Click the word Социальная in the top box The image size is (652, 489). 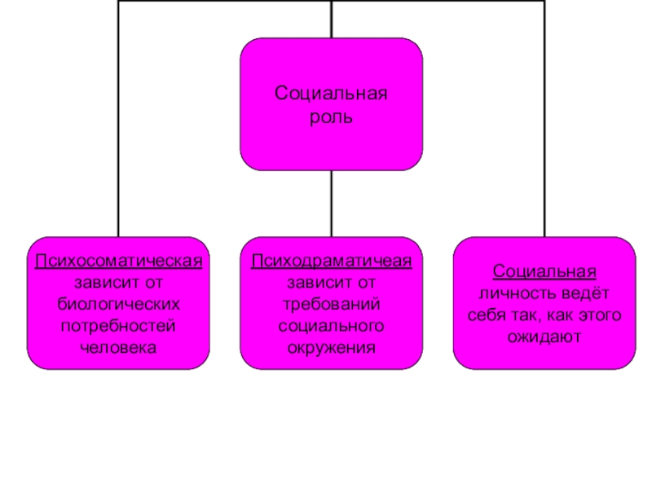pos(331,95)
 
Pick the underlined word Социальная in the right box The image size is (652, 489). pos(544,271)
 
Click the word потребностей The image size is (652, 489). pos(118,326)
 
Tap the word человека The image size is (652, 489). pos(118,347)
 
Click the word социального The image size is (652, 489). pos(331,326)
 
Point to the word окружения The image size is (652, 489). pos(331,347)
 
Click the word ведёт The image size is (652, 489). pos(587,292)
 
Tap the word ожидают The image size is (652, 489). pos(544,335)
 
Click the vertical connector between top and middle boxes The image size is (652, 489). pos(332,204)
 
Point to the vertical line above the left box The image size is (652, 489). pos(119,122)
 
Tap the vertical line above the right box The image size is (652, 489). pos(544,122)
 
